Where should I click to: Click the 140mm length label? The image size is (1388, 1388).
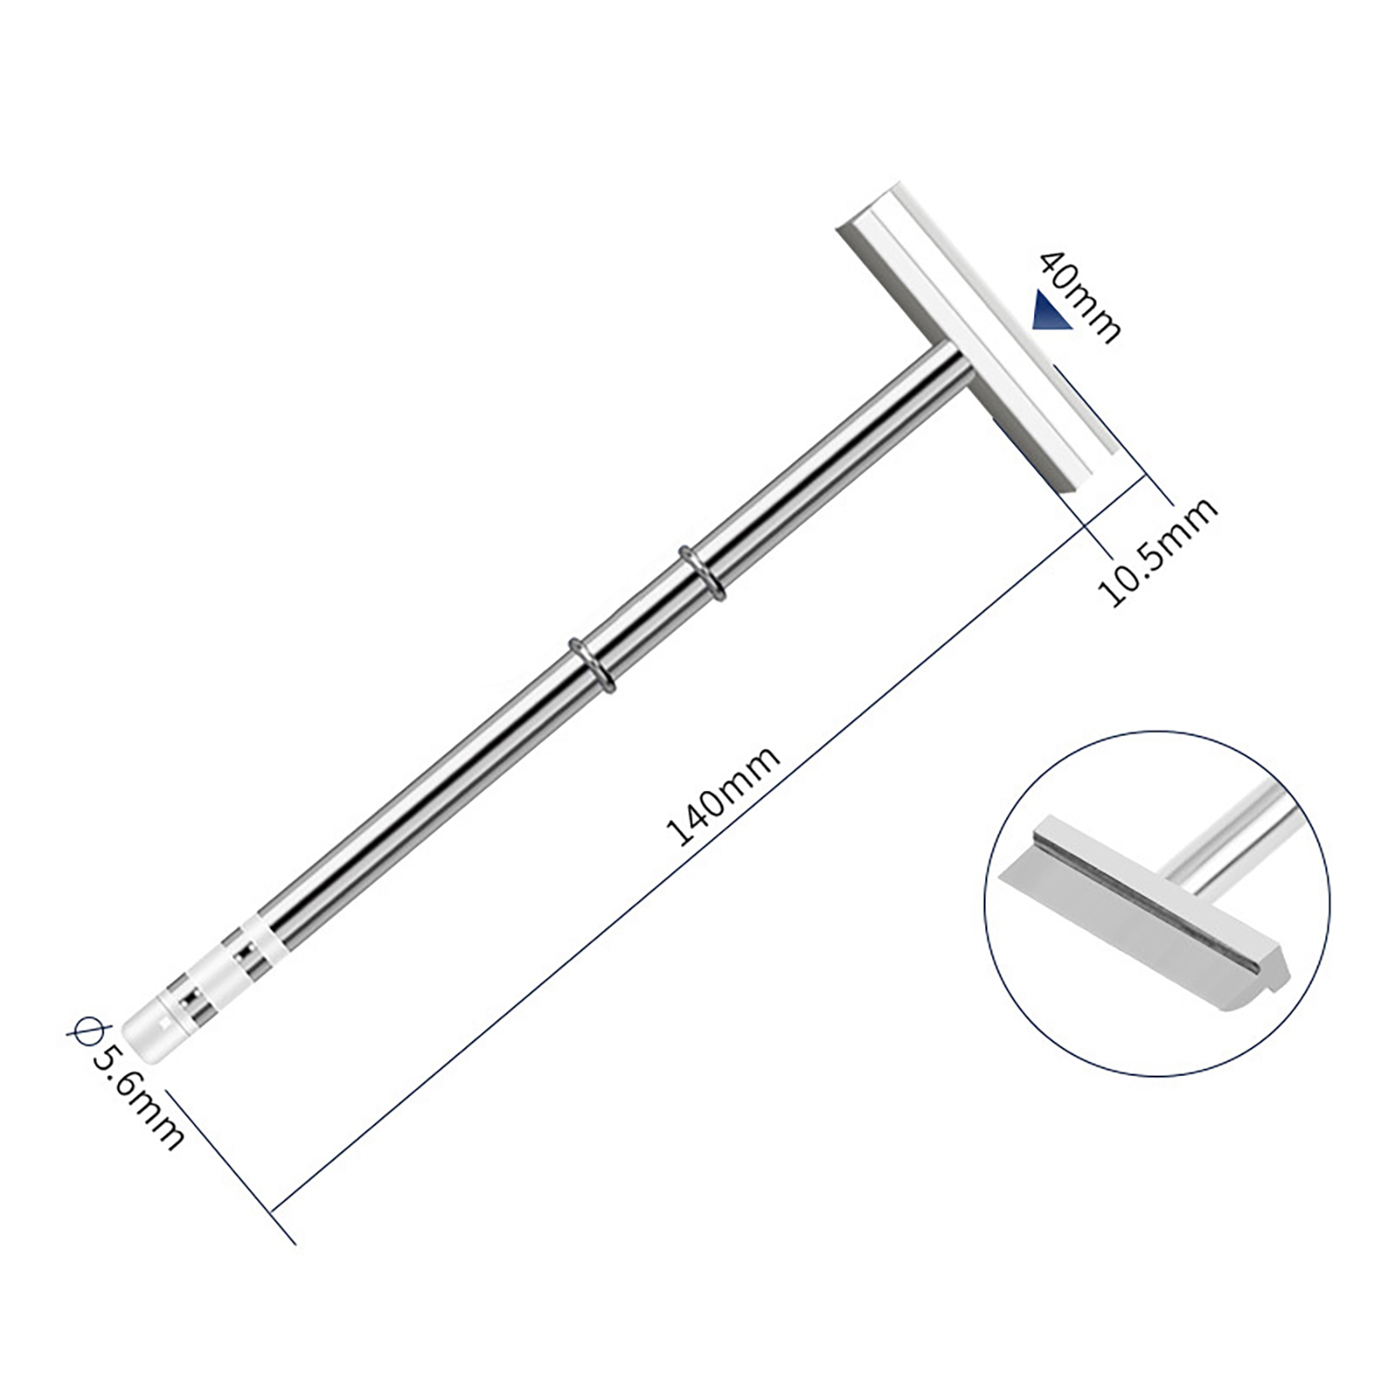[723, 795]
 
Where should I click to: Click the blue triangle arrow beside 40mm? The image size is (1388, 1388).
[1051, 311]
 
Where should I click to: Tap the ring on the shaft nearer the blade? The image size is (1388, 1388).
[702, 572]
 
